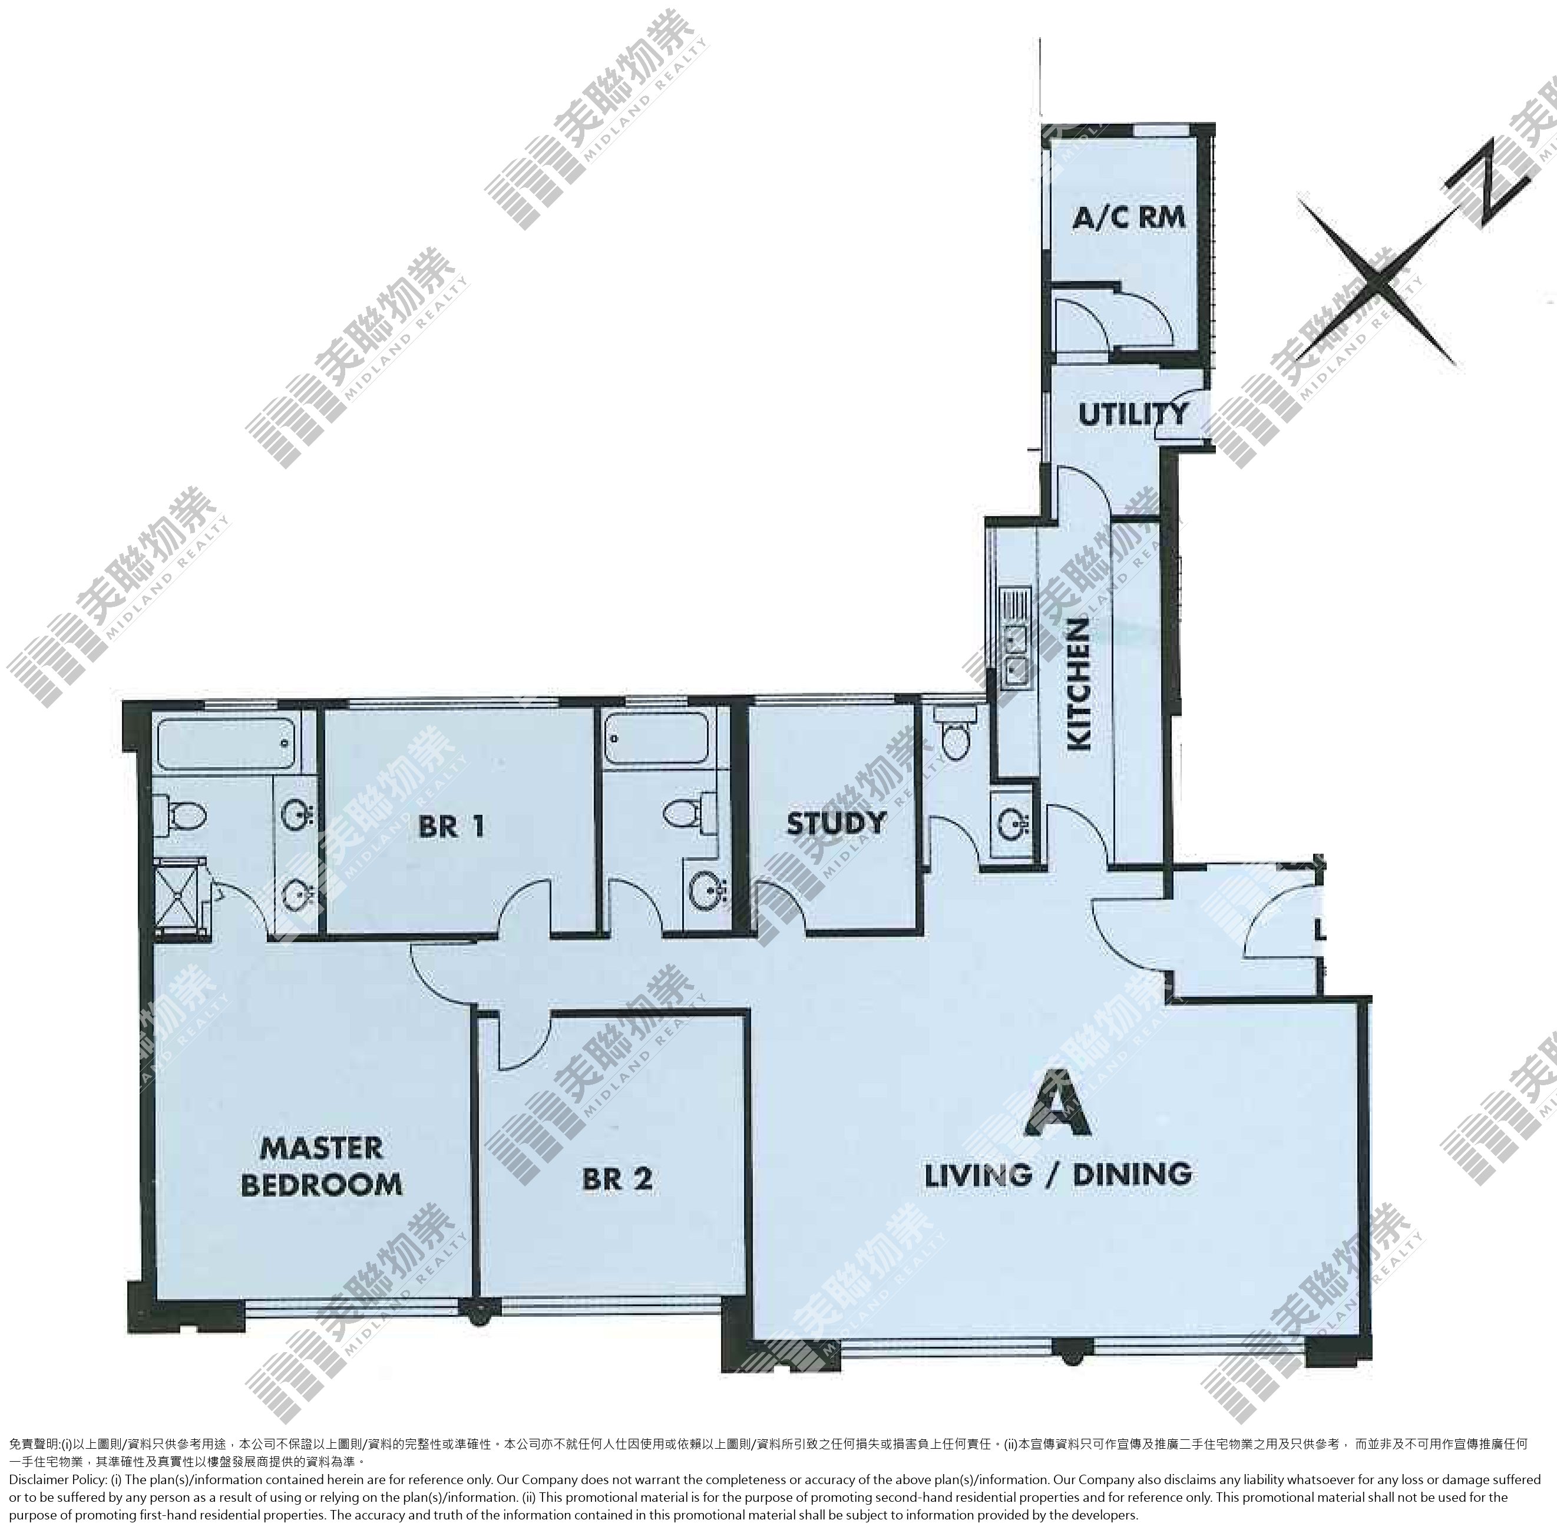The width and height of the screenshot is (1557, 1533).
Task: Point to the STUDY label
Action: point(837,823)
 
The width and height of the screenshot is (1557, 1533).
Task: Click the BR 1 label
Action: point(451,826)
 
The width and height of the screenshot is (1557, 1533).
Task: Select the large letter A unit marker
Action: point(1058,1103)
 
